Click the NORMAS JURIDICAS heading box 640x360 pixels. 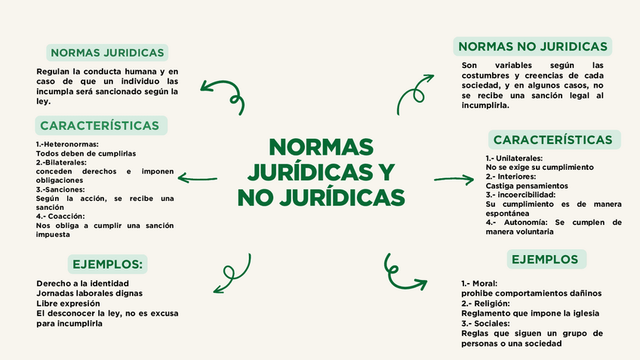click(106, 53)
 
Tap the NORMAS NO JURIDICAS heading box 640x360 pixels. click(533, 47)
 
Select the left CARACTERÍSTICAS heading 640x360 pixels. click(100, 125)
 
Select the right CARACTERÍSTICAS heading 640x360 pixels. click(552, 140)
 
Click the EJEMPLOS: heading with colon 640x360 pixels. click(107, 264)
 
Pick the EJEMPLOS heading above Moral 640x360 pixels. click(545, 260)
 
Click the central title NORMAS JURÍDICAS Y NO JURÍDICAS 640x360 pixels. click(321, 171)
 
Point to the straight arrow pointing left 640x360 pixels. click(198, 180)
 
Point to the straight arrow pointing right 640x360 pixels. click(454, 179)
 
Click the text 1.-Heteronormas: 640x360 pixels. click(67, 144)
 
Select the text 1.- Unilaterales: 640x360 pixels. click(514, 158)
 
